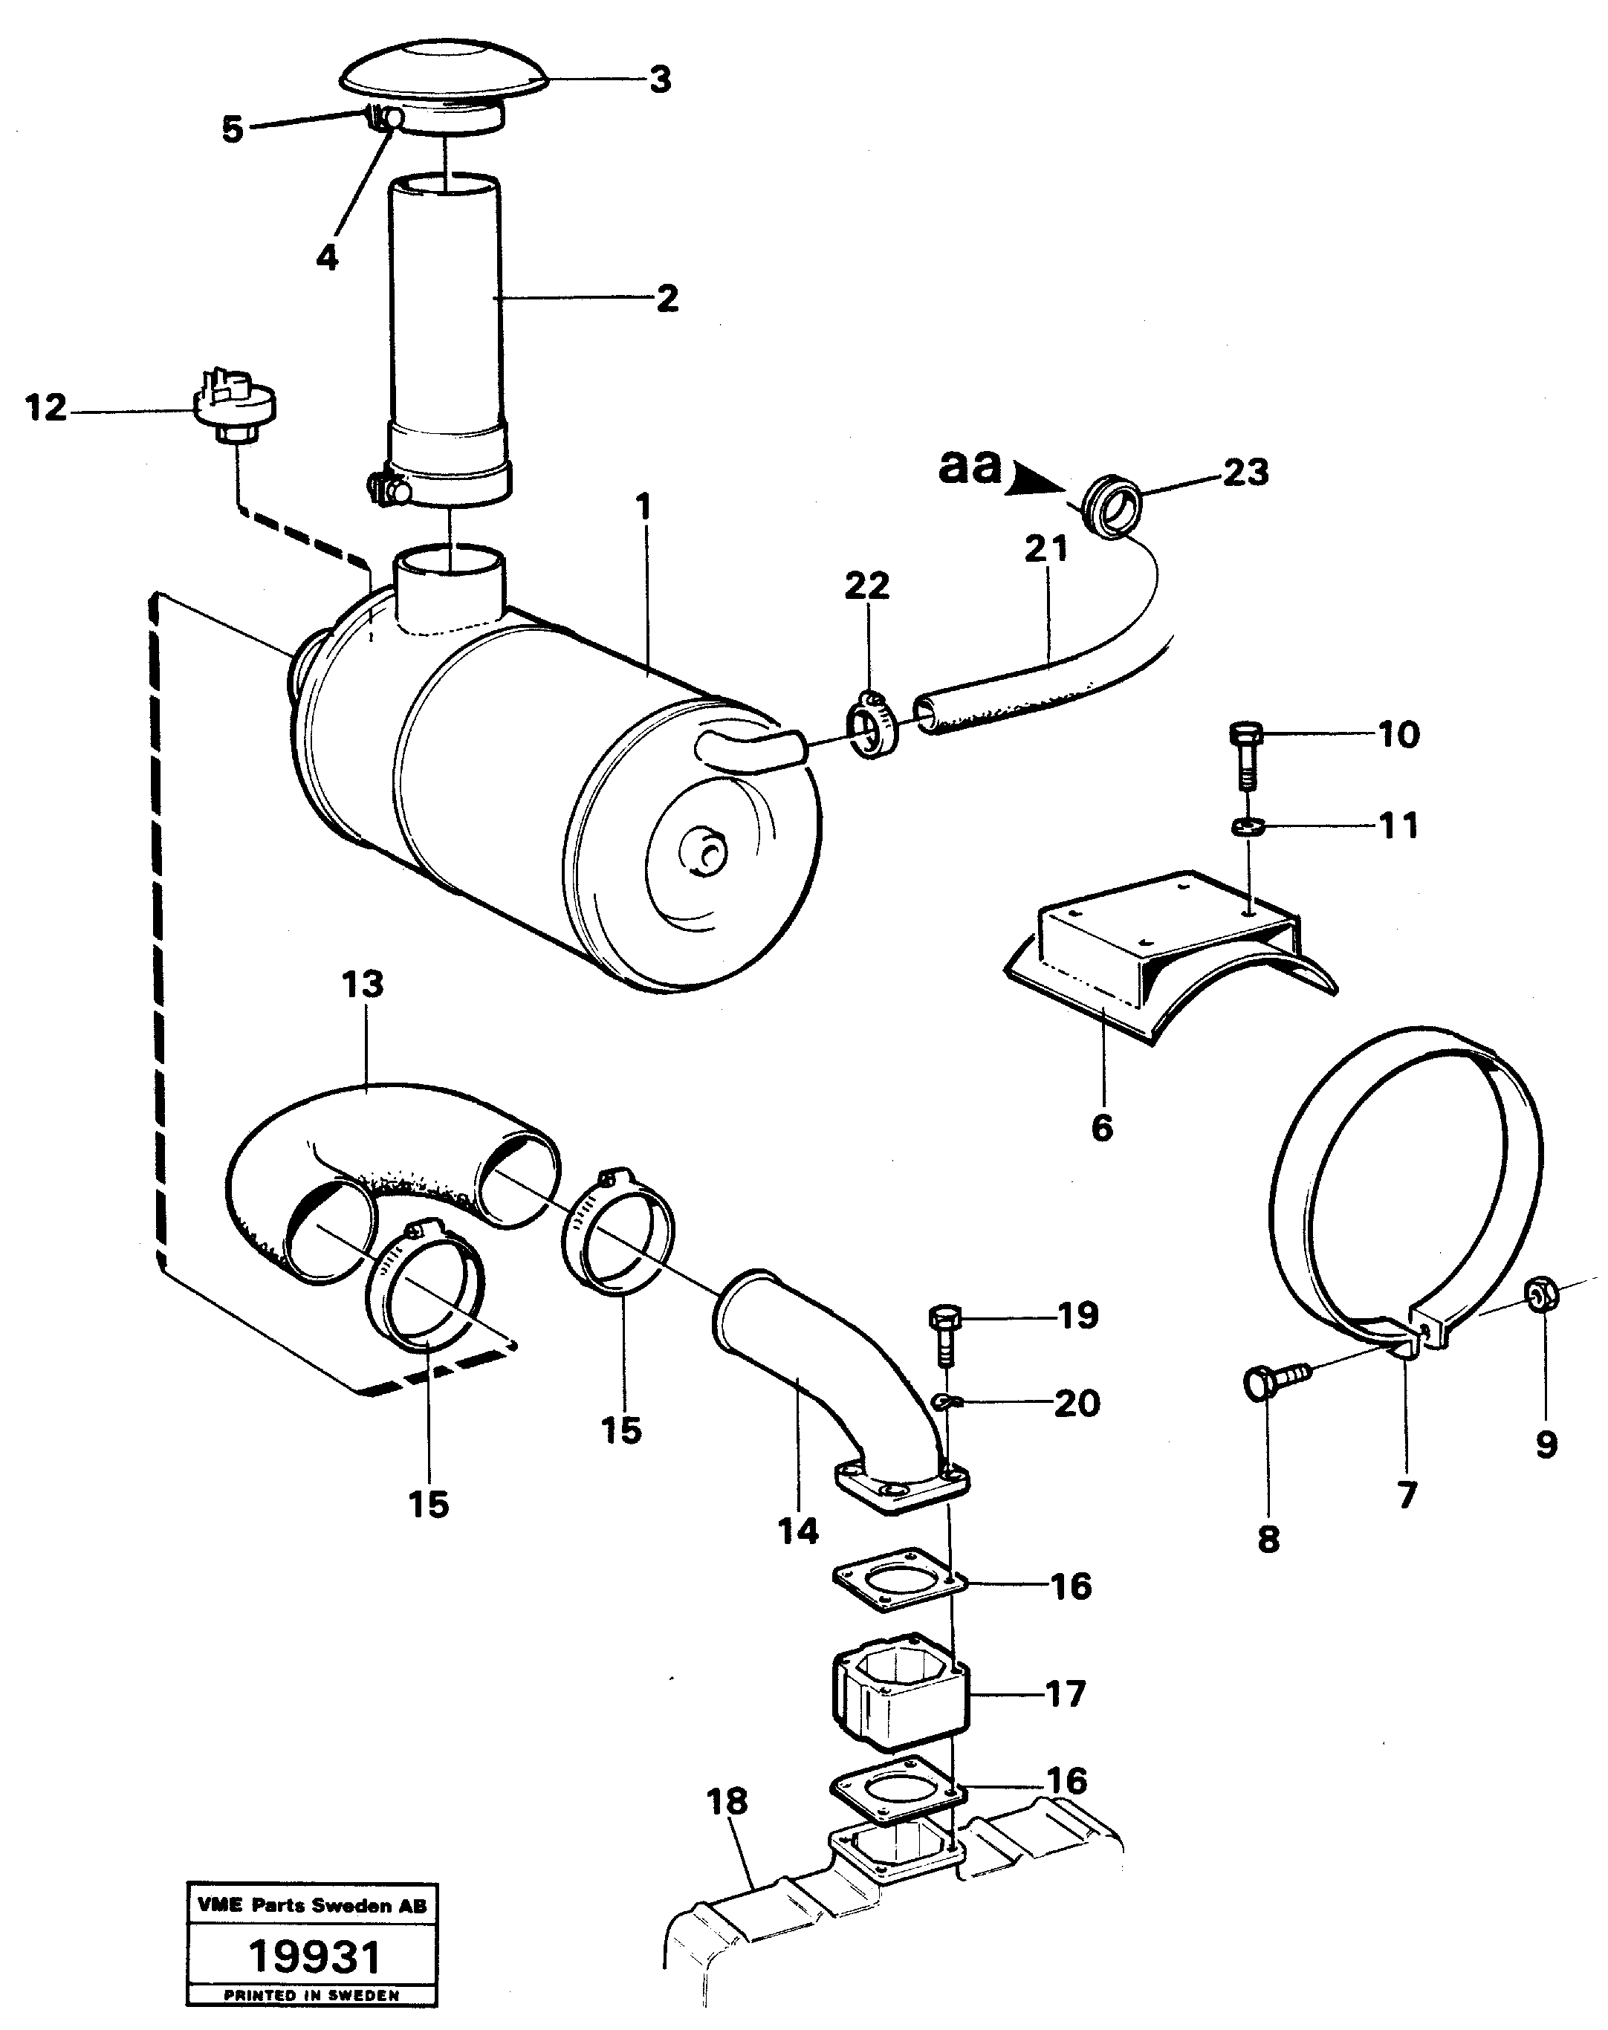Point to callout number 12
coord(46,409)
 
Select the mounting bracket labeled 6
coord(1167,951)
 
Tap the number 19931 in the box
coord(314,1956)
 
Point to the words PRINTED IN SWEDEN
coord(311,1995)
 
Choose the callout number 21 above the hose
coord(1046,548)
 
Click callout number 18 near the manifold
coord(727,1802)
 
